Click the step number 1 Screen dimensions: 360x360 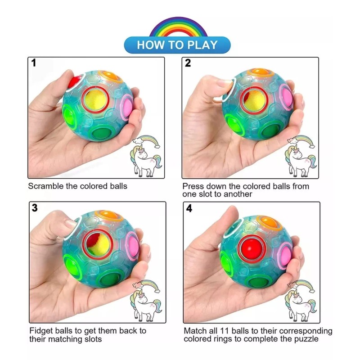[34, 63]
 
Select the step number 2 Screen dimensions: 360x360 [188, 63]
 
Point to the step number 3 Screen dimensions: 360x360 [34, 208]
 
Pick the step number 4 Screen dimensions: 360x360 [189, 209]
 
